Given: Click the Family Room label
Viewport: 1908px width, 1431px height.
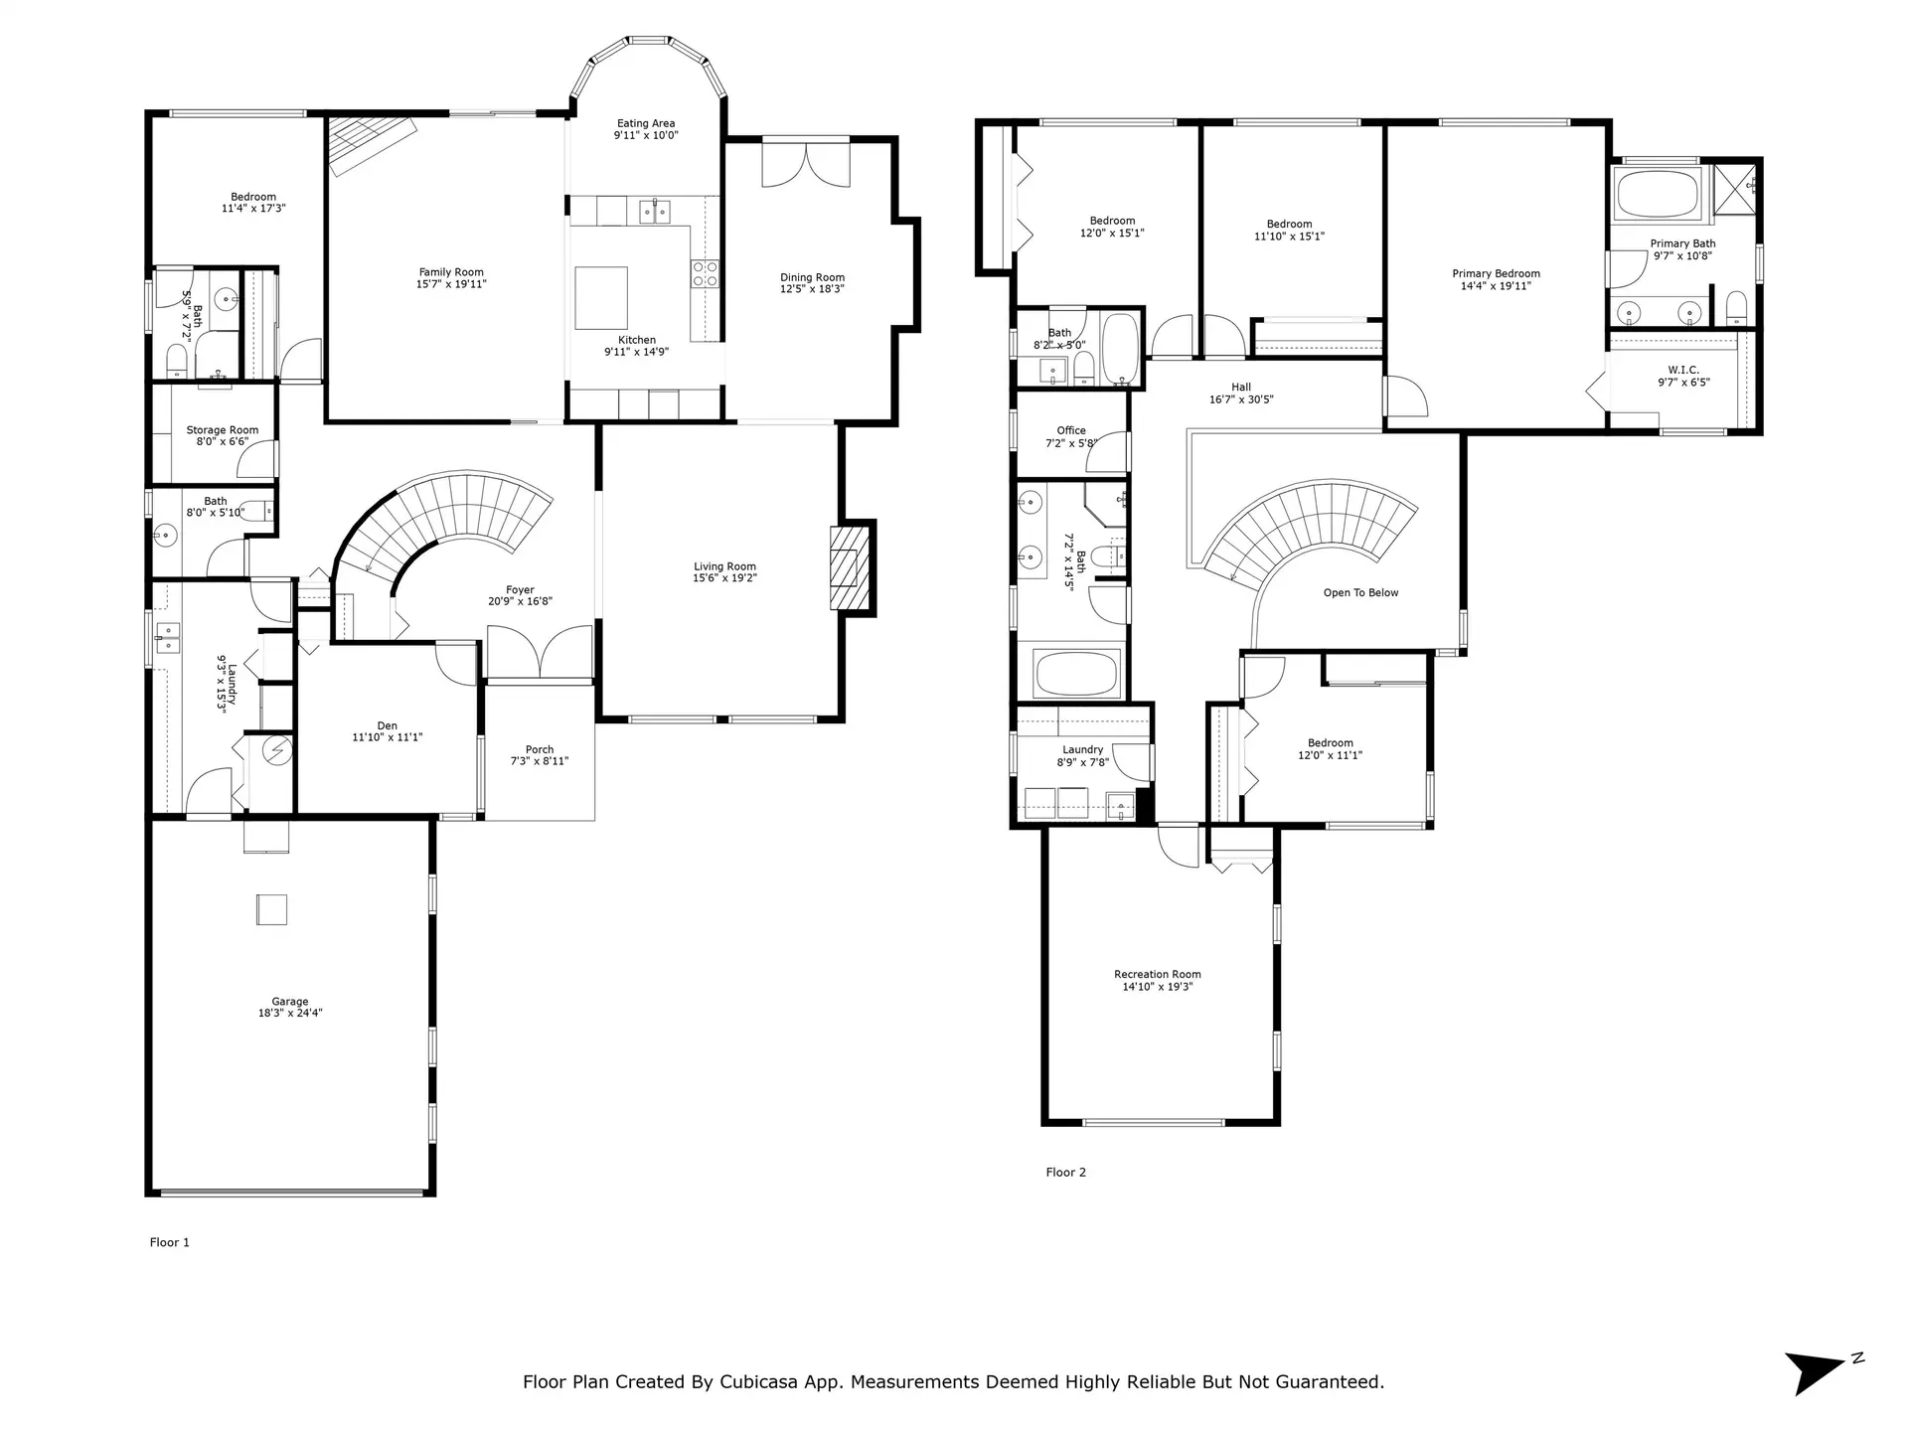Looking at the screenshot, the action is (451, 271).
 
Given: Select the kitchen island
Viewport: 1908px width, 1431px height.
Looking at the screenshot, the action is (601, 297).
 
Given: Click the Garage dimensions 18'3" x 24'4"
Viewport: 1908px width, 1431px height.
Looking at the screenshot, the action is (290, 1014).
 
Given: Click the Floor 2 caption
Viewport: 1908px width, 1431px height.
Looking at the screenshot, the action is (1065, 1173).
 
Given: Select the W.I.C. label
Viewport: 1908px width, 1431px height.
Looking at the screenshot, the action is (1683, 370).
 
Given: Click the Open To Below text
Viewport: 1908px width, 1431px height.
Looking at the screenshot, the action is (1360, 593).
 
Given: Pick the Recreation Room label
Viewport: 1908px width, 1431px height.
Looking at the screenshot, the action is (1157, 975).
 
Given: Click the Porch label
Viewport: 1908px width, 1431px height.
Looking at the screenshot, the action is (540, 750).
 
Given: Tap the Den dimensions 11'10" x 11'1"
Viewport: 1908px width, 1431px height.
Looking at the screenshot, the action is (388, 737).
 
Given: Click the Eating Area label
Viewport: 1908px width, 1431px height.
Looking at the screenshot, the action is (646, 123).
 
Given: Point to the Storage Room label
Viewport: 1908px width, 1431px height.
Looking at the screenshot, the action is (223, 430).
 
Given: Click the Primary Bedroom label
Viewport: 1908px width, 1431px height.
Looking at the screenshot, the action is (1496, 273).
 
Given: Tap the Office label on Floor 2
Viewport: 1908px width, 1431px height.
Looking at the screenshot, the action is (1071, 430).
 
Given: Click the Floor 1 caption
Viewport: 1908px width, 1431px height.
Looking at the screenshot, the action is (169, 1242).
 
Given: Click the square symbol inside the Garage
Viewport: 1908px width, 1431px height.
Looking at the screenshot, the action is (271, 909).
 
